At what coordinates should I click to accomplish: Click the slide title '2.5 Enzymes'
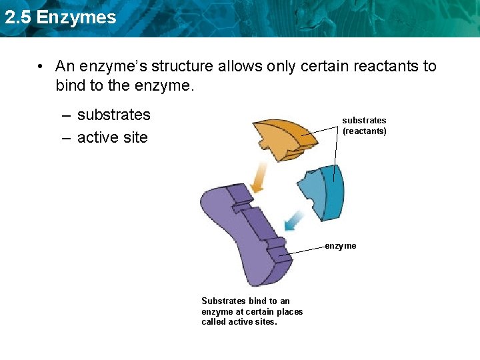[x=60, y=17]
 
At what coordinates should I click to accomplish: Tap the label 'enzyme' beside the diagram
[x=341, y=246]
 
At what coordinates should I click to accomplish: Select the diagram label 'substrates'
[x=364, y=121]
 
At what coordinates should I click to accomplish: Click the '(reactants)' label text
[x=365, y=131]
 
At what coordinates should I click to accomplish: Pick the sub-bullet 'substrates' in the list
[x=113, y=115]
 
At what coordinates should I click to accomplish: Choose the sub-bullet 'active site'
[x=112, y=137]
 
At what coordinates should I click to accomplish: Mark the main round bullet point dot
[x=41, y=67]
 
